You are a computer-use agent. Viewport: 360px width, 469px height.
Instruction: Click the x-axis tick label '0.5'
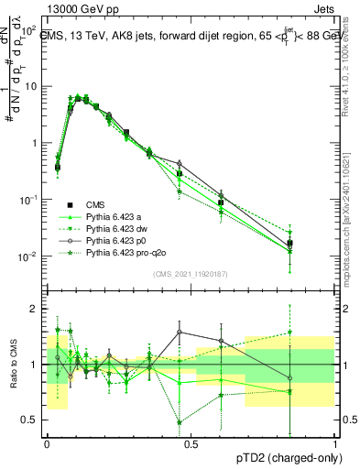click(190, 442)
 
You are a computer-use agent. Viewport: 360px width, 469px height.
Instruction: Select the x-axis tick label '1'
click(335, 442)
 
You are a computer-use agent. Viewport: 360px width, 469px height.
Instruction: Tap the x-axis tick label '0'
click(47, 442)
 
